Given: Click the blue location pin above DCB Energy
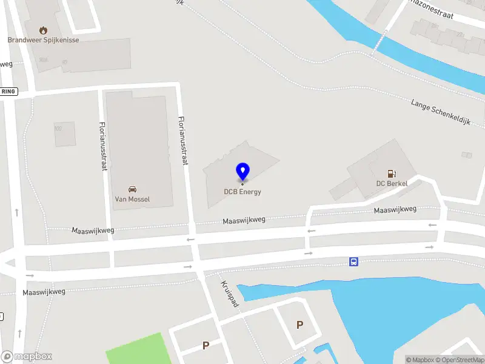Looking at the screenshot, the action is tap(242, 171).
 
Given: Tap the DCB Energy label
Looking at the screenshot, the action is tap(242, 192).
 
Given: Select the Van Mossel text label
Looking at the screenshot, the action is tap(132, 199).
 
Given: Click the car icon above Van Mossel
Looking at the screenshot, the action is tap(132, 189).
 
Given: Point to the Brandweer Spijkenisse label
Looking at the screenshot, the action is tap(43, 40).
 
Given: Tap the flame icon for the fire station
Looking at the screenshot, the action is tap(43, 30).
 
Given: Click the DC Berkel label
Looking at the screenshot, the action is tap(392, 183).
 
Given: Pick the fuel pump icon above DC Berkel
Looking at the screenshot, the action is tap(392, 173).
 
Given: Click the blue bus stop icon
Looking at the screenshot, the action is tap(353, 261).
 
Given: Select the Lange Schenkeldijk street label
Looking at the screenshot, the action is tap(440, 112).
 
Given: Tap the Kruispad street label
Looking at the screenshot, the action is tap(230, 294).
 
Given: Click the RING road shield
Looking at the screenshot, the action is tap(8, 92).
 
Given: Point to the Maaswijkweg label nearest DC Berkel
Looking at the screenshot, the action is tap(395, 210).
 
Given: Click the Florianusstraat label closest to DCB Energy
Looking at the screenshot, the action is tap(182, 140).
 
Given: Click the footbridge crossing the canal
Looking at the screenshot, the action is tap(381, 41).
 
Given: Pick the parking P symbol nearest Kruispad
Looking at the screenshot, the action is tap(206, 345).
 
